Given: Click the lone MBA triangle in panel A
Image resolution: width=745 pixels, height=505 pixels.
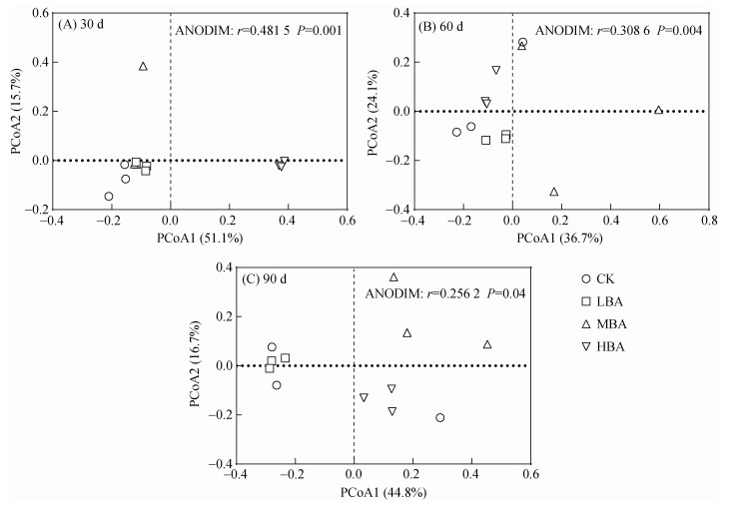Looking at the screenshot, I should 143,66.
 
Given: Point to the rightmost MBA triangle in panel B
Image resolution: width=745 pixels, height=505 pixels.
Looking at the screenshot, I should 658,110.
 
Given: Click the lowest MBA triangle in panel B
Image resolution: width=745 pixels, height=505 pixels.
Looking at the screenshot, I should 554,192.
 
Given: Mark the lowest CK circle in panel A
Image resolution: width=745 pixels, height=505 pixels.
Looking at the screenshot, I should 109,197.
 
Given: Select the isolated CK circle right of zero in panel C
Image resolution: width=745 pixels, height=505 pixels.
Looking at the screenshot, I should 440,417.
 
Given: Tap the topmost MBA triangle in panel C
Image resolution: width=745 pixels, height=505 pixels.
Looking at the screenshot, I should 393,277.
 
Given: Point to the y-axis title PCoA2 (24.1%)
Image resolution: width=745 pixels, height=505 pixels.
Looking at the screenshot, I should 372,111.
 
